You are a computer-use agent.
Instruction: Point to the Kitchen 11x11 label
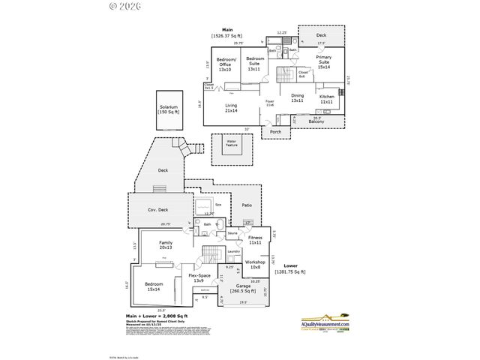tap(327, 99)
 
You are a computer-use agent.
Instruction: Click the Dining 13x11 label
tap(298, 98)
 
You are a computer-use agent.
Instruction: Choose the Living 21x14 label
tap(232, 108)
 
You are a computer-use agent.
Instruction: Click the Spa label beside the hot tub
tap(218, 205)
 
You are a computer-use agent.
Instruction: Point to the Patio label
tap(246, 204)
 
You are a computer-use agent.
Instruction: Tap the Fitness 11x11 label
tap(255, 240)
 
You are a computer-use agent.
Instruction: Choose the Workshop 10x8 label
tap(255, 264)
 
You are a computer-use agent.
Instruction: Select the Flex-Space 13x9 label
tap(199, 280)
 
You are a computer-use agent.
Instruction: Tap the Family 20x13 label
tap(166, 245)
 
